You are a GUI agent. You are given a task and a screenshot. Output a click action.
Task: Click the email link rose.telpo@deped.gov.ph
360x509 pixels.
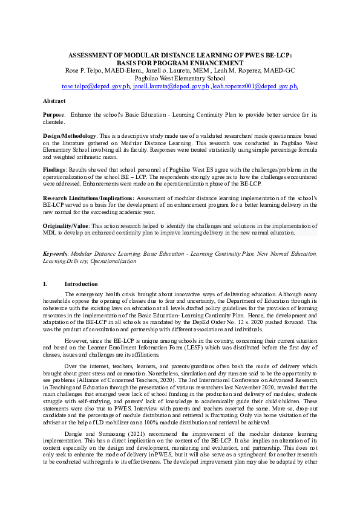click(x=96, y=86)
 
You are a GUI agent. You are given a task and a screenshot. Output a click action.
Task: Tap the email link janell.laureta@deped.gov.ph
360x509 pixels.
click(x=171, y=86)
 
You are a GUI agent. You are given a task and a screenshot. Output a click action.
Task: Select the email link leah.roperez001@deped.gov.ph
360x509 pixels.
click(x=255, y=86)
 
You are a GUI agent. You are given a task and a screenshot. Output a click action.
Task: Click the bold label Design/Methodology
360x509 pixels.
click(x=70, y=136)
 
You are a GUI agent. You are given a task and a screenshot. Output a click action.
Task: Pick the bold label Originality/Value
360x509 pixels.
click(x=66, y=225)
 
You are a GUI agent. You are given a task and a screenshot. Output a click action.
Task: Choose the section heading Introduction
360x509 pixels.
click(x=80, y=284)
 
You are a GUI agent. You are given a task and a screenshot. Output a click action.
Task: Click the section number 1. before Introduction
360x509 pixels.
click(x=45, y=284)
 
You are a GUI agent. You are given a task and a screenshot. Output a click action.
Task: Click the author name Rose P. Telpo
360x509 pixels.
click(x=84, y=71)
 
